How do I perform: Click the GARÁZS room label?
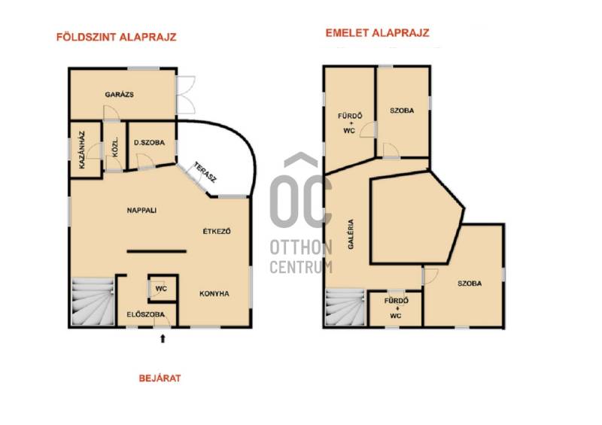(120, 95)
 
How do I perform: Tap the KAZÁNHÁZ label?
(82, 150)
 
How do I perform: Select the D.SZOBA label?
(149, 142)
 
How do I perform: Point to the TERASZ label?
(205, 172)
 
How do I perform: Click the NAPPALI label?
(141, 211)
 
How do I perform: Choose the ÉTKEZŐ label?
(217, 231)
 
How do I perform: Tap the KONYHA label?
(214, 293)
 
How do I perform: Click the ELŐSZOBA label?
(145, 314)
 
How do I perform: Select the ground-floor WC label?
(161, 289)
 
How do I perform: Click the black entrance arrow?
(163, 338)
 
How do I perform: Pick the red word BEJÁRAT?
(160, 378)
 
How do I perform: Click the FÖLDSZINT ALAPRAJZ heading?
(117, 38)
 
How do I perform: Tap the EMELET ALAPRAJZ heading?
(378, 33)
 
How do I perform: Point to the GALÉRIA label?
(351, 234)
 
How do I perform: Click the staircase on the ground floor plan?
(93, 302)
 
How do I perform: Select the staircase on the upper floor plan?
(345, 308)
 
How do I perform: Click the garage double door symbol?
(186, 95)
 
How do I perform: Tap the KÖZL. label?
(115, 147)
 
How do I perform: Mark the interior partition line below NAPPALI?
(157, 251)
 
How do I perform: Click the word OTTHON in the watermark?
(301, 247)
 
